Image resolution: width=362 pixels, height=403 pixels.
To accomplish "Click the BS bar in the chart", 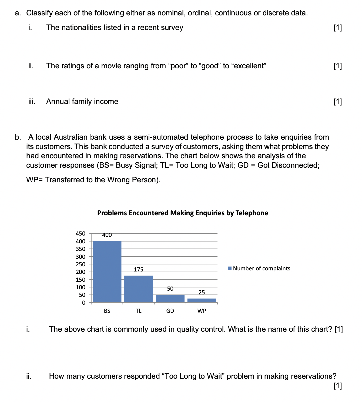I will [x=107, y=271].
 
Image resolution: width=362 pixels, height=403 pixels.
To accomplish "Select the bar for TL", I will [x=139, y=289].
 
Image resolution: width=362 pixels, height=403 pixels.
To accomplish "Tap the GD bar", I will [x=170, y=298].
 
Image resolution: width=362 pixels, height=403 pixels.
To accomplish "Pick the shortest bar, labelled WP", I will [x=202, y=300].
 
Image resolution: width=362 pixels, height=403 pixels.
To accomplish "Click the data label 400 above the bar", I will [x=107, y=235].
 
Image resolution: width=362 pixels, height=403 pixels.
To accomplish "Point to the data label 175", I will [x=139, y=270].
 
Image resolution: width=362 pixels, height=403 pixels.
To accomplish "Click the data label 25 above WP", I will [x=202, y=293].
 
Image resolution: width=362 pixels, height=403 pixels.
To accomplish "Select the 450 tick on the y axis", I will [x=81, y=234].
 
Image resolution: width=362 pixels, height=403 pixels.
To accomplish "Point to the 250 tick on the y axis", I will [x=81, y=264].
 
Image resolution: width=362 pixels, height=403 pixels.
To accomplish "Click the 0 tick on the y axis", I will [x=83, y=303].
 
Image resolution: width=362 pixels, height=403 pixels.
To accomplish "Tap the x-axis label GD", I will [x=170, y=311].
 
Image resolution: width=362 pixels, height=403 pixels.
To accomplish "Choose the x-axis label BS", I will [x=107, y=311].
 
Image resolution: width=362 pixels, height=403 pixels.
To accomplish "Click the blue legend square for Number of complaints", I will [x=230, y=268].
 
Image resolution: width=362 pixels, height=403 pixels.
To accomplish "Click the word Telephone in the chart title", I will [x=252, y=213].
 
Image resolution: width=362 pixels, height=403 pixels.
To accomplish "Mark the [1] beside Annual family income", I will [x=337, y=102].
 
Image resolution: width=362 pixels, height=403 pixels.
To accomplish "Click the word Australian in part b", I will [x=71, y=137].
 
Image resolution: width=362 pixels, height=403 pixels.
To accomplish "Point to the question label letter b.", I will [x=18, y=137].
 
